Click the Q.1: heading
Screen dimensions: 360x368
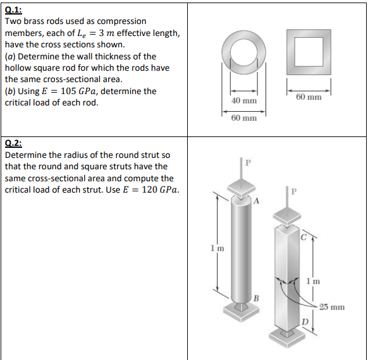[14, 9]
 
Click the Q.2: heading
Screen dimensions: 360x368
[14, 143]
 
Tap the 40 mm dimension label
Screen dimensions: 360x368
[244, 101]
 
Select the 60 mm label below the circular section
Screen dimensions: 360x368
[244, 118]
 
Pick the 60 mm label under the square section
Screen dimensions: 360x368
[309, 97]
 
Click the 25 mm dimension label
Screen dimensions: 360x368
[331, 308]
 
